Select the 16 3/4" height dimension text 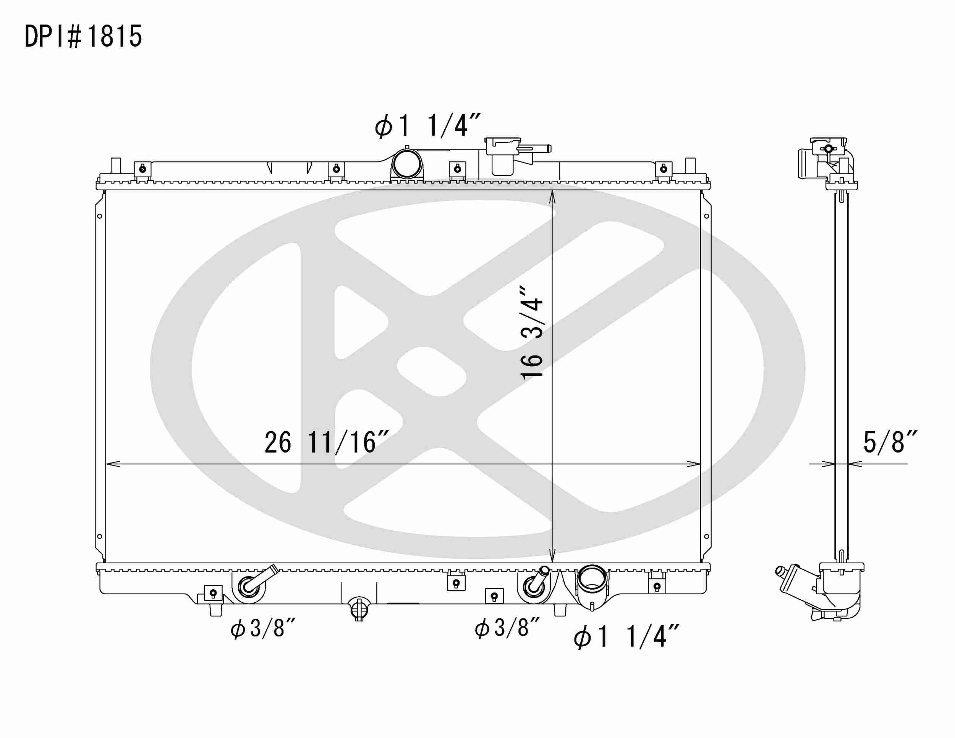tap(532, 333)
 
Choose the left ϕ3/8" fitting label tap(263, 629)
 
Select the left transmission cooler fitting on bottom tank tap(249, 586)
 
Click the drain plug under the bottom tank tap(359, 608)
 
